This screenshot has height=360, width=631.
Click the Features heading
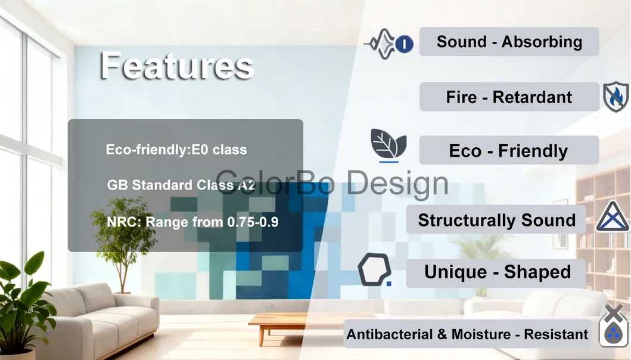[x=177, y=66]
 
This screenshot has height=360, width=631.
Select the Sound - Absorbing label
[x=509, y=42]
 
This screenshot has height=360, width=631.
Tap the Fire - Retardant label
[x=509, y=97]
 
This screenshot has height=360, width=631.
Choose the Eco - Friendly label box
[x=509, y=151]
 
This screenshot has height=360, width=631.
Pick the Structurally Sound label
[x=496, y=220]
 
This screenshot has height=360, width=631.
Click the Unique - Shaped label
[x=496, y=272]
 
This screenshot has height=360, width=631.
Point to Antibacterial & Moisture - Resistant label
[x=467, y=334]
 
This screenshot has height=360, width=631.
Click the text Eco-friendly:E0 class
[x=176, y=150]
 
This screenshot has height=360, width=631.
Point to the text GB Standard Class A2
[x=181, y=185]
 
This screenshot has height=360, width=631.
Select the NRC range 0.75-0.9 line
[x=192, y=222]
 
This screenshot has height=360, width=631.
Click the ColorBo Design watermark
[x=331, y=182]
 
